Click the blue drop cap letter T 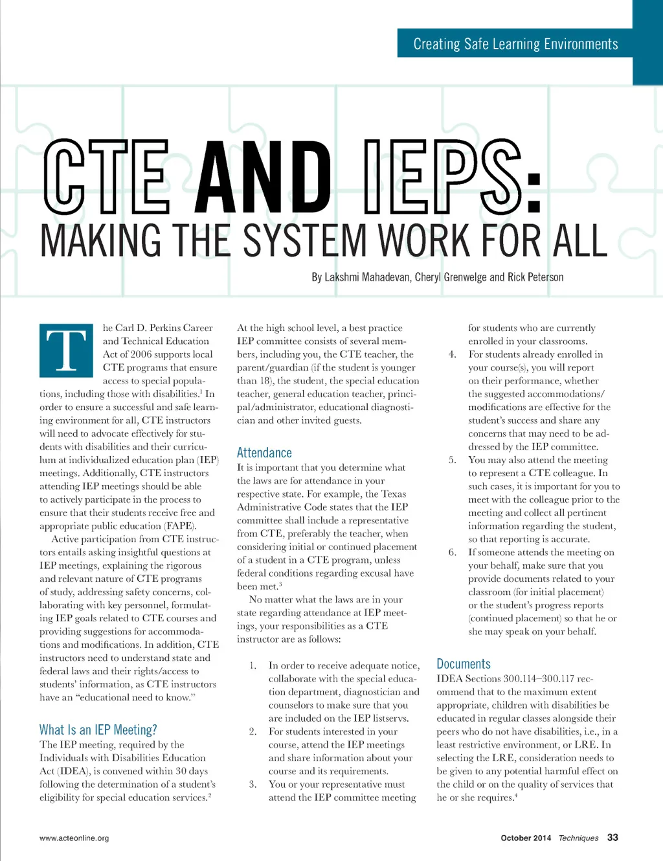66,350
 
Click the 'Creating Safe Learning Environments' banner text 515,44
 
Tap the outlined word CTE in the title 107,176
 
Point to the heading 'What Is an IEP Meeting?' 98,729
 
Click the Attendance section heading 264,453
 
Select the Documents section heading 464,664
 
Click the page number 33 612,837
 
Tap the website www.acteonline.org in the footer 74,838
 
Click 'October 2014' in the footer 526,838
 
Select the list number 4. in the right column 453,354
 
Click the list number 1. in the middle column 253,665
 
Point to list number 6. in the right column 453,553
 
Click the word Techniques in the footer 578,838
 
